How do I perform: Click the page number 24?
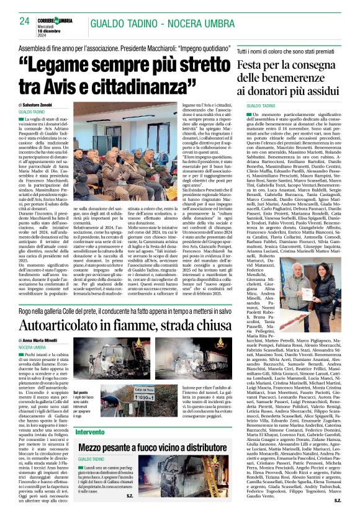[25, 20]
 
